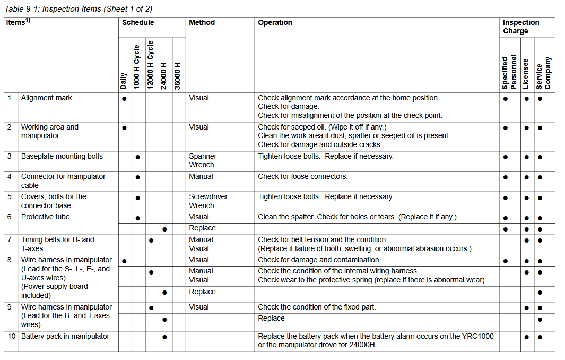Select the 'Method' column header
pyautogui.click(x=202, y=23)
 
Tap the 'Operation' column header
pyautogui.click(x=275, y=23)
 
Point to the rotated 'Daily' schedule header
pyautogui.click(x=124, y=81)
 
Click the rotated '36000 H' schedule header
pyautogui.click(x=178, y=76)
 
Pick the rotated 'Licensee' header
pyautogui.click(x=525, y=74)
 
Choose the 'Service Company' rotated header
pyautogui.click(x=543, y=73)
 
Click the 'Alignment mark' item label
pyautogui.click(x=46, y=98)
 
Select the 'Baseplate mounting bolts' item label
pyautogui.click(x=62, y=157)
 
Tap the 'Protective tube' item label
pyautogui.click(x=45, y=217)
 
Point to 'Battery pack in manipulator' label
pyautogui.click(x=65, y=337)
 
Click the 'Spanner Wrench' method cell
pyautogui.click(x=203, y=161)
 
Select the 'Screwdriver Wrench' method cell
pyautogui.click(x=208, y=201)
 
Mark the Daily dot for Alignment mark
pyautogui.click(x=124, y=99)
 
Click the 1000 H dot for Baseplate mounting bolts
pyautogui.click(x=137, y=157)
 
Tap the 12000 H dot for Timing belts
pyautogui.click(x=151, y=241)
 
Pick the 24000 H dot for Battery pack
pyautogui.click(x=164, y=337)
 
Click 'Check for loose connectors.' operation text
pyautogui.click(x=303, y=177)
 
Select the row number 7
pyautogui.click(x=9, y=240)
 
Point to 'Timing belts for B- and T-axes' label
pyautogui.click(x=57, y=244)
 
